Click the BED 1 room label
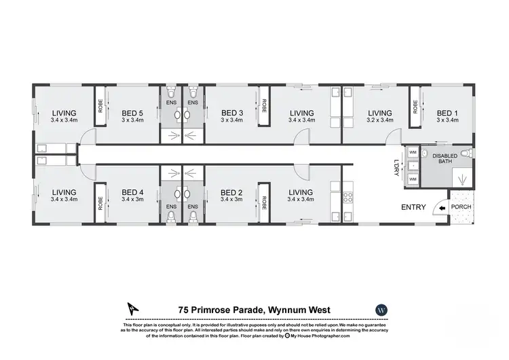(447, 113)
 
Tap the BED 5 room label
(132, 113)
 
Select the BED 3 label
(232, 113)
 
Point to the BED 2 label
(232, 192)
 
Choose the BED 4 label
(132, 192)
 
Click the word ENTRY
(413, 207)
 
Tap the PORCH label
(463, 207)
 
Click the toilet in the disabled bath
(466, 152)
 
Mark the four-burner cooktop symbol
(351, 198)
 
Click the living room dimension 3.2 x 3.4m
(379, 120)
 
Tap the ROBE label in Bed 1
(414, 107)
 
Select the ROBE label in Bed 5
(100, 107)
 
